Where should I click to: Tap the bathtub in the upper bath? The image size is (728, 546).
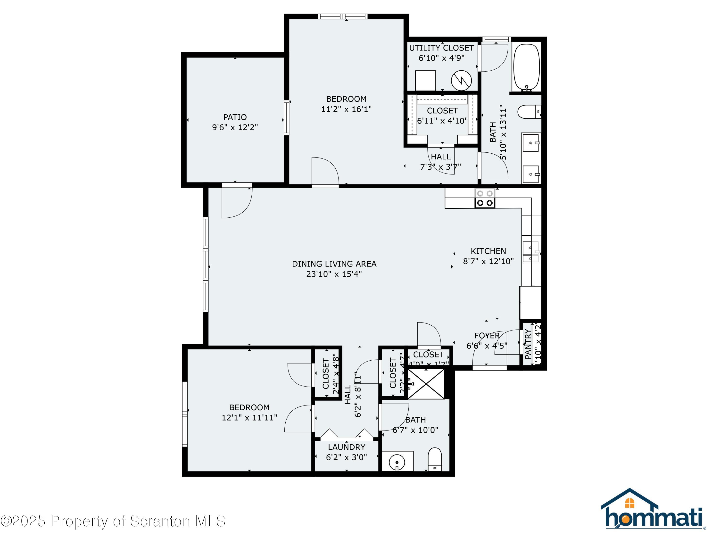526,67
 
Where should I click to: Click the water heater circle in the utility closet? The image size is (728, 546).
461,80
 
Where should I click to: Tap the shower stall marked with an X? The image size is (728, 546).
426,384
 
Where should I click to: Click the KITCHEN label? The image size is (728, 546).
488,251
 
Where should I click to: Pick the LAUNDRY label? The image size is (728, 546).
346,447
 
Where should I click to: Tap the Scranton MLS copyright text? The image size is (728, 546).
113,521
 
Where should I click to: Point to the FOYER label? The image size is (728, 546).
487,336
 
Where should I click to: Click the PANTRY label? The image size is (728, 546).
528,344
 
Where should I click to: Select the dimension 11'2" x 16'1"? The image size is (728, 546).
346,109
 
